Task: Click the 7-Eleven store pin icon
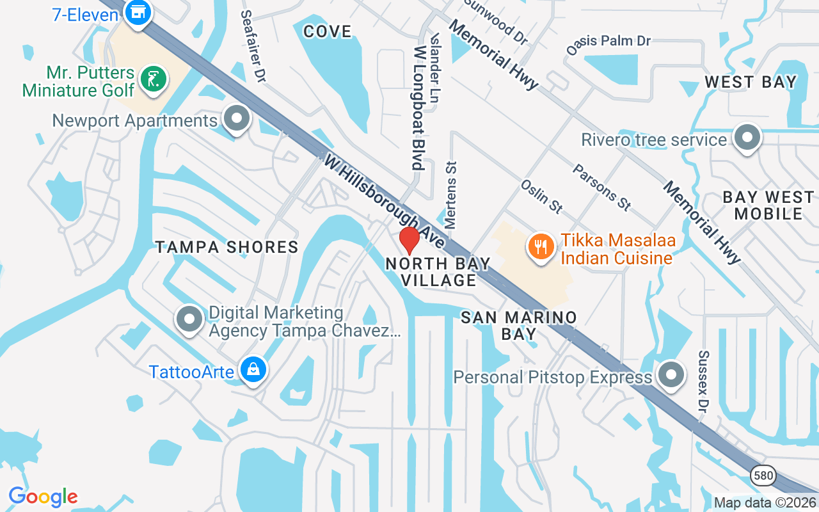coord(137,12)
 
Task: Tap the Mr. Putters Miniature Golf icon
coord(154,80)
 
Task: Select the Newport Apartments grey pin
coord(237,118)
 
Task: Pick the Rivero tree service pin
coord(746,138)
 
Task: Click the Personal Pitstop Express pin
coord(671,375)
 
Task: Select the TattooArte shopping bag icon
coord(253,370)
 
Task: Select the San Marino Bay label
coord(519,325)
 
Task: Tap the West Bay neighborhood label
coord(751,82)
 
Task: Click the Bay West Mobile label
coord(768,205)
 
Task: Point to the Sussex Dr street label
coord(704,381)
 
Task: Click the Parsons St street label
coord(601,187)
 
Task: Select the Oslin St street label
coord(541,196)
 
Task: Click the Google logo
coord(44,497)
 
